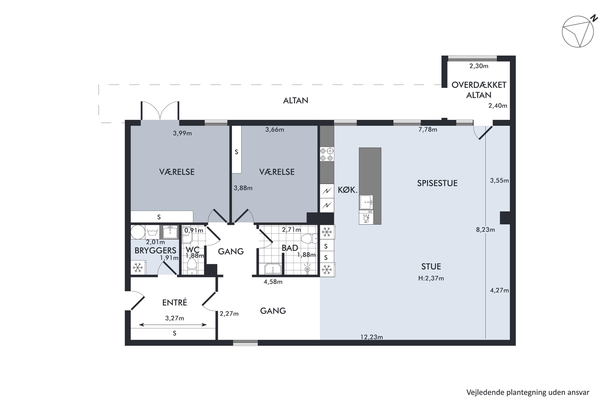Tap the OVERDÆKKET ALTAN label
[x=479, y=90]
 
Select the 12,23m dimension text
[x=371, y=337]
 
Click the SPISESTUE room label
[x=437, y=183]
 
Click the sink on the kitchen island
[x=366, y=202]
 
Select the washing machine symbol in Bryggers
[x=152, y=232]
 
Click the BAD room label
[x=290, y=248]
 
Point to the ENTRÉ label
[x=175, y=302]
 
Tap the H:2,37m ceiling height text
[x=431, y=278]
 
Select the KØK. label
[x=348, y=190]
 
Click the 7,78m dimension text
[x=427, y=129]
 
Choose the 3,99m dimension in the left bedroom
[x=182, y=133]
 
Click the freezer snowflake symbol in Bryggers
[x=138, y=267]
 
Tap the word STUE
[x=431, y=267]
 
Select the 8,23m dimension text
[x=485, y=230]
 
